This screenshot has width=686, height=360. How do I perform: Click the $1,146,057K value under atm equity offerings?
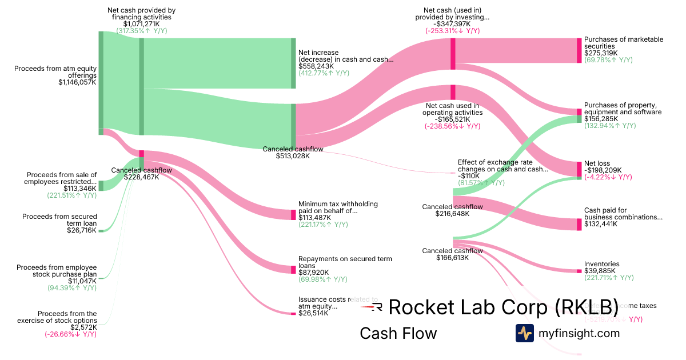pos(77,82)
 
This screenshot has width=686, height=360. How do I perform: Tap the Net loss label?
pos(597,163)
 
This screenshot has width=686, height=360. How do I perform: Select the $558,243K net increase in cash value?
pos(316,66)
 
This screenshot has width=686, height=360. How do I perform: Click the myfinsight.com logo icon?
pos(524,333)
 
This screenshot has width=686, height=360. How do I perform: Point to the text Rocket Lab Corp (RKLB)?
pos(503,307)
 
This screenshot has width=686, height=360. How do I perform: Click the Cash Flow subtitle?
pos(398,333)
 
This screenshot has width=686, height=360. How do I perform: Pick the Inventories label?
pos(601,264)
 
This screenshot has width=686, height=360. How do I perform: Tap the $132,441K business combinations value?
pos(600,224)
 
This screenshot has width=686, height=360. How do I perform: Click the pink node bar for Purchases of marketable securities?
pos(579,51)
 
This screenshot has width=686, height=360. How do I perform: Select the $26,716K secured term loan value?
pos(82,230)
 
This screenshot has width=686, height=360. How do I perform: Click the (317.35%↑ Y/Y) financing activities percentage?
pos(141,31)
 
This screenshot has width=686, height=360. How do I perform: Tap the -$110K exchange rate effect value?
pos(469,176)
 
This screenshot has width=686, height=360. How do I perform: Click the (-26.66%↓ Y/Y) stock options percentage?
pos(71,334)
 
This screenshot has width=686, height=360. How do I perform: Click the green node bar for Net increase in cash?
pos(293,63)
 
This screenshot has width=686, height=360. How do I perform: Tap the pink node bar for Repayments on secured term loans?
pos(293,270)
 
